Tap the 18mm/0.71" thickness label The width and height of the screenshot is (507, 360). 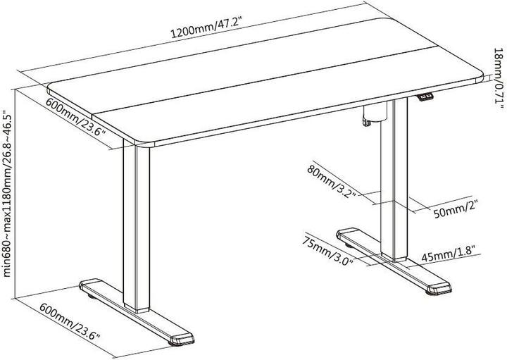click(x=498, y=77)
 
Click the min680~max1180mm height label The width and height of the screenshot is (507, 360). click(x=8, y=193)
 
